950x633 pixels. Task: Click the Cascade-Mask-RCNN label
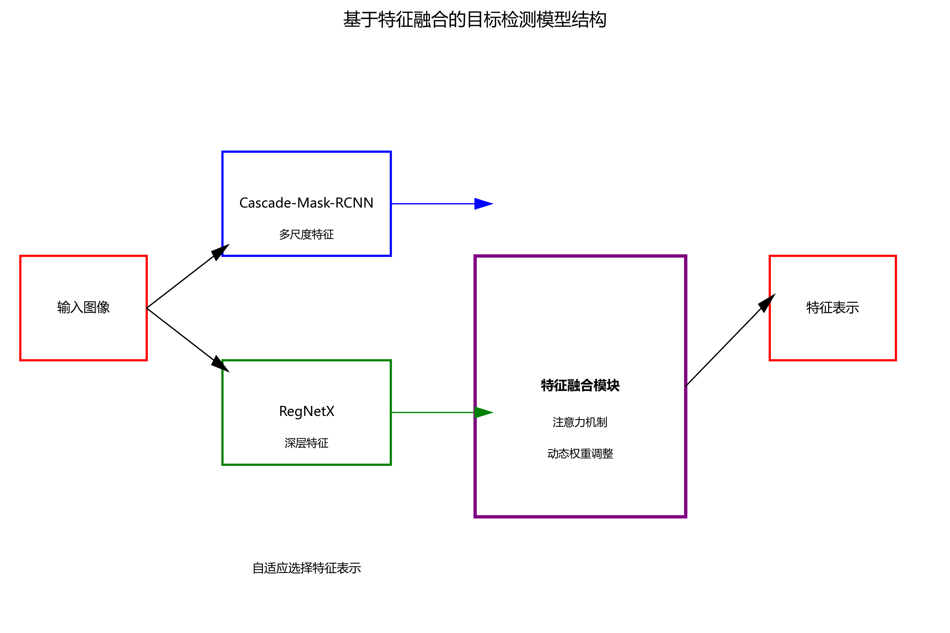306,203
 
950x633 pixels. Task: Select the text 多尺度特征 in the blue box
306,234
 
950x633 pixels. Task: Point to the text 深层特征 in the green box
306,443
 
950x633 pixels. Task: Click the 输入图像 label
83,308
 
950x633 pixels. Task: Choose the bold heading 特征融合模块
580,386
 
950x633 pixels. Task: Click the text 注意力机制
580,422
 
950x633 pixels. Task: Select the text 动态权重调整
580,454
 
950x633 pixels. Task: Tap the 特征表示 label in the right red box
833,308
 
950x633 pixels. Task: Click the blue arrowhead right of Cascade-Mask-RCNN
483,204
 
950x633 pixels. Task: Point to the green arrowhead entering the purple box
483,413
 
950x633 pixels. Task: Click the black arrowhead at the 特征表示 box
767,302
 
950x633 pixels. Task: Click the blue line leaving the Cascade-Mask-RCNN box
432,204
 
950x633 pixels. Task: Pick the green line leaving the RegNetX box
432,413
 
